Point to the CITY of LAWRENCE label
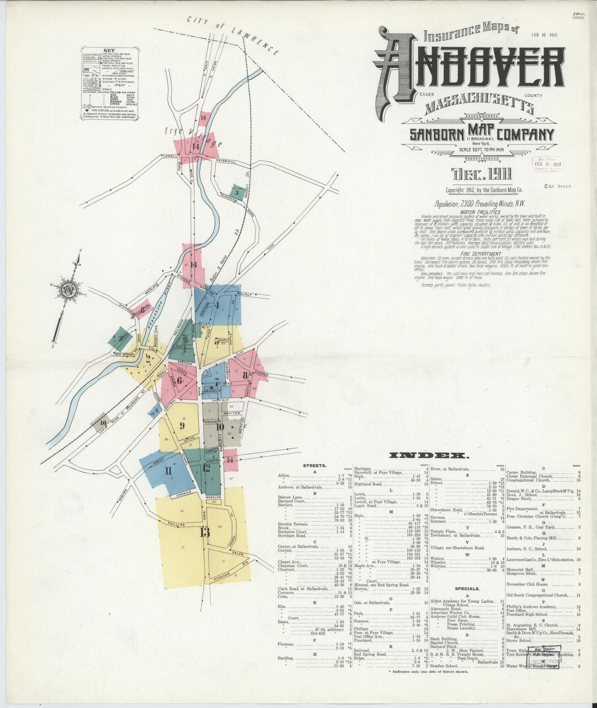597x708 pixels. point(233,35)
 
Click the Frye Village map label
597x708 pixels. point(193,138)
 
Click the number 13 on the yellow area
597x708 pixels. point(205,532)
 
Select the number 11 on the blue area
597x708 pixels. point(168,470)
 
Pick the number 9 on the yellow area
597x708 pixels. point(181,425)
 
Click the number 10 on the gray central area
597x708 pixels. point(219,427)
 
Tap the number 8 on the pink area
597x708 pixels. point(245,375)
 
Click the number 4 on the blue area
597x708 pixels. point(216,306)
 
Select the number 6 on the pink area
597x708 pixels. point(179,380)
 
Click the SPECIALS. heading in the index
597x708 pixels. point(467,589)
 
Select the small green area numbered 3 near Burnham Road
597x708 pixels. point(237,192)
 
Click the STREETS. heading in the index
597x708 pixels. point(315,466)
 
